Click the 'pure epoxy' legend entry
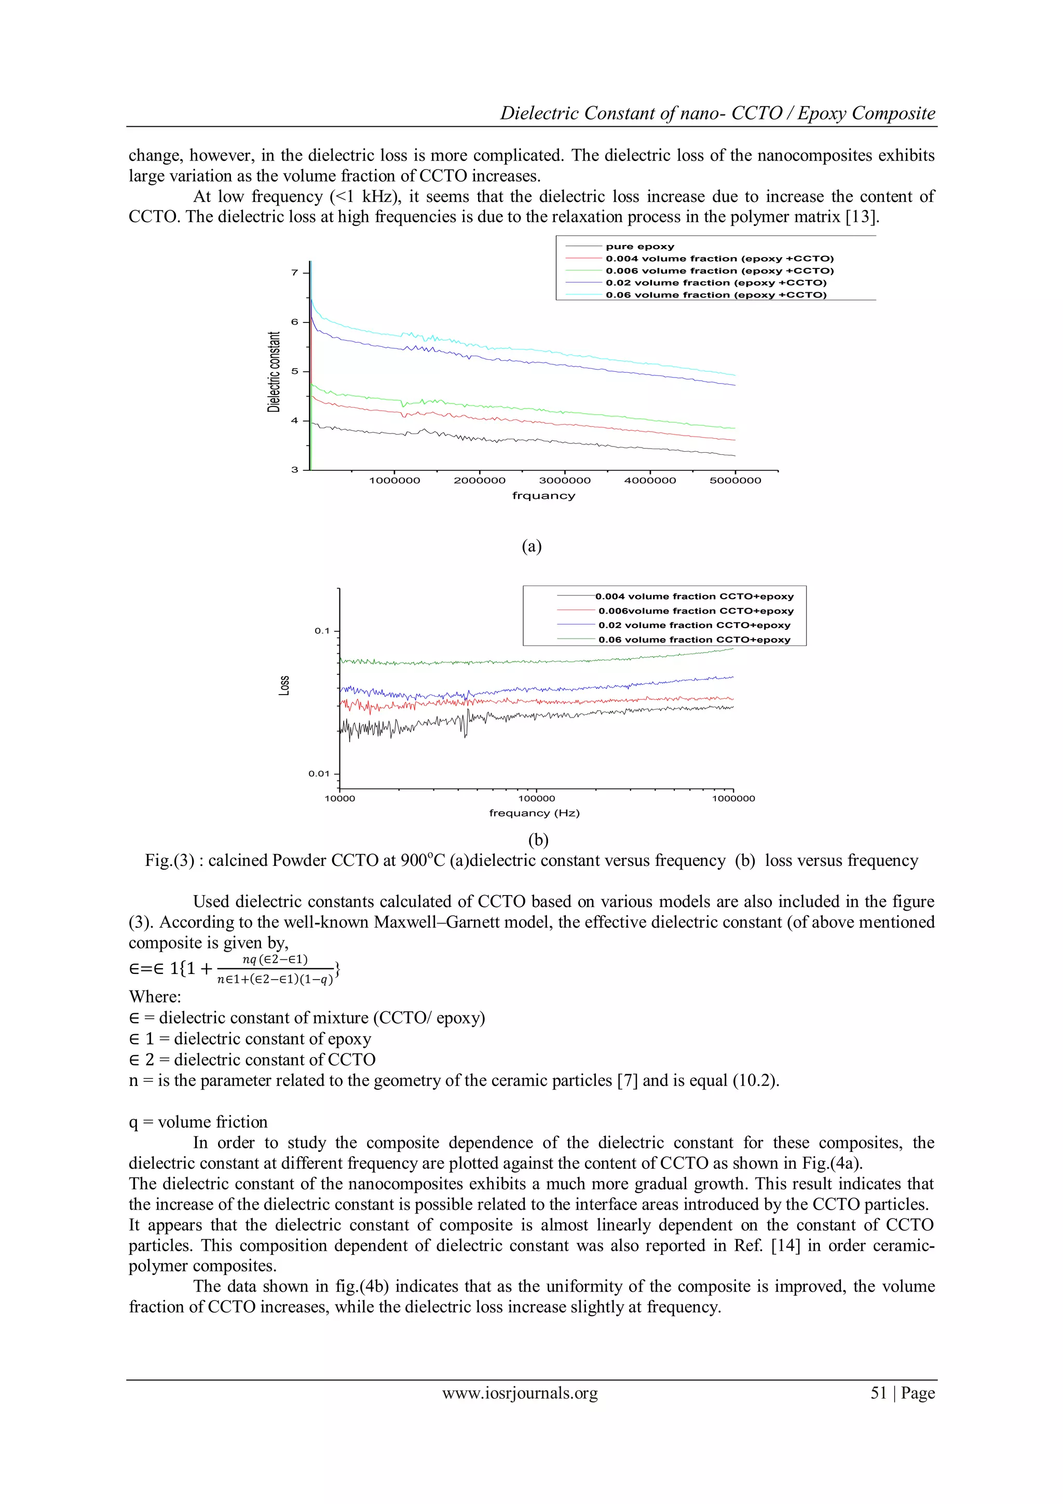tap(639, 246)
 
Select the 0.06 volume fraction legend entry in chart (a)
tap(715, 295)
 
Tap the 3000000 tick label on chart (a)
tap(565, 480)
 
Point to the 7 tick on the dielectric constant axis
tap(295, 273)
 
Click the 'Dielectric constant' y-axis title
tap(274, 371)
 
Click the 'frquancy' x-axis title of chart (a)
tap(543, 496)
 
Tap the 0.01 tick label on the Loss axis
tap(319, 774)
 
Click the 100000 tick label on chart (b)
tap(536, 798)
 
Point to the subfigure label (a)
tap(531, 546)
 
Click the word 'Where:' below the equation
tap(155, 996)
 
